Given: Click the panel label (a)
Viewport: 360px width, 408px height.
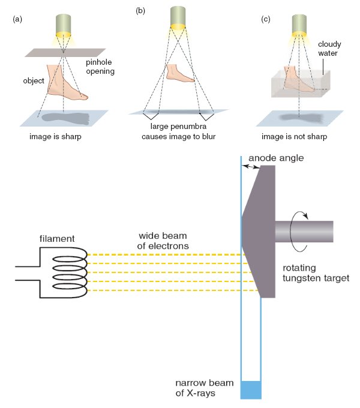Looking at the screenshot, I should (x=17, y=19).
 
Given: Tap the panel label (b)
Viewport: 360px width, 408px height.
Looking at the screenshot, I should (x=141, y=10).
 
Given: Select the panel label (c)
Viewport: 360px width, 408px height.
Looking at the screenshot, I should (x=266, y=19).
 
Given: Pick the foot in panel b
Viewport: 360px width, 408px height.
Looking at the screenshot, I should (x=178, y=73).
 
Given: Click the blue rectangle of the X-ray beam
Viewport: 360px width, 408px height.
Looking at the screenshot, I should (x=251, y=390).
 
